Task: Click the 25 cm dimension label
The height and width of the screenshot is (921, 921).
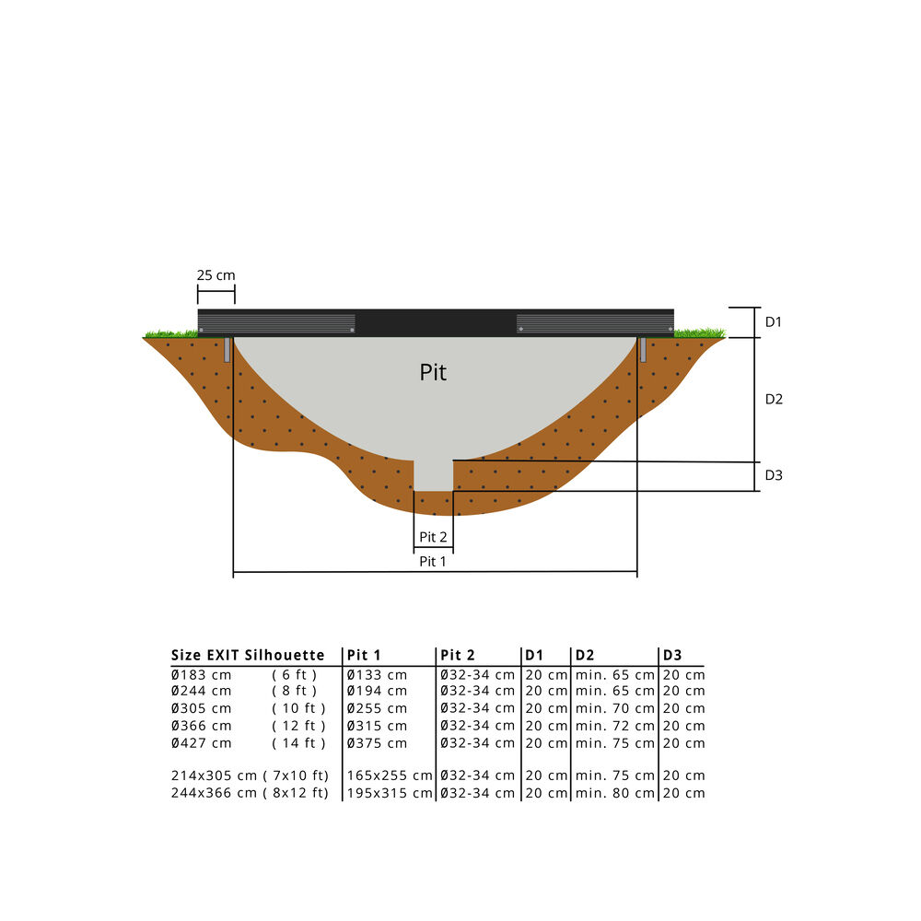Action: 216,274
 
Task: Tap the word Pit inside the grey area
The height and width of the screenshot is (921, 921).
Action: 433,373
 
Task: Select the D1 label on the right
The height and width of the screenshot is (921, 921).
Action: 774,322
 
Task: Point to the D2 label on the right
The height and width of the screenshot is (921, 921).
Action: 774,400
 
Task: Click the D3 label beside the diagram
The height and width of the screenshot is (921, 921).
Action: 774,475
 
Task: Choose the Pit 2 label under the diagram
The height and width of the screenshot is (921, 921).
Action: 433,537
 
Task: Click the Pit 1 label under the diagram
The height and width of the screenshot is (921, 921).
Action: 433,561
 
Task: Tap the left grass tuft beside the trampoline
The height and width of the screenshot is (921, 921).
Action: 170,333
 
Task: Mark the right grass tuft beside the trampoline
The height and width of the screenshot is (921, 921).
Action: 700,332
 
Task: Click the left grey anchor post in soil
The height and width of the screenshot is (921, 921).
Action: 227,350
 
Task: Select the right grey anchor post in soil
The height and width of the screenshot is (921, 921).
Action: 643,350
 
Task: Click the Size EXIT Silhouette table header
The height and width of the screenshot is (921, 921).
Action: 248,656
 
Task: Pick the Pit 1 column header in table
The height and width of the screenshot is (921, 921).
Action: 362,656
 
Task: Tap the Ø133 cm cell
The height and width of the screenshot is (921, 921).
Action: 377,674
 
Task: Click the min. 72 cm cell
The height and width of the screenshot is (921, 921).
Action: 615,726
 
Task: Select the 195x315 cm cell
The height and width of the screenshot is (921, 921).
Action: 390,793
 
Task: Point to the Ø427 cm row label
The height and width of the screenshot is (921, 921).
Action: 202,743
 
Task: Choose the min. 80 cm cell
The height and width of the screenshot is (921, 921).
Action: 615,793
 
